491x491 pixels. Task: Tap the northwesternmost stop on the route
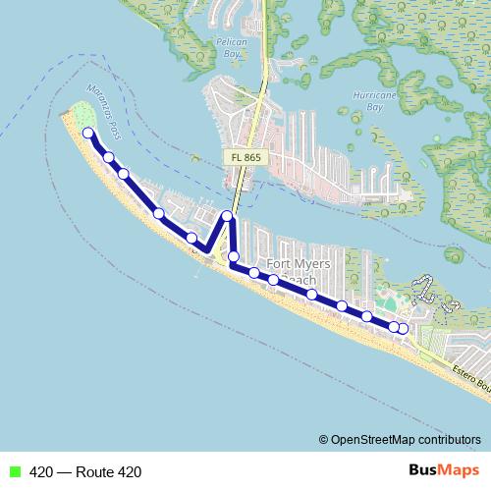(x=88, y=133)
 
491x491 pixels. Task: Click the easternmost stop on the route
(x=403, y=328)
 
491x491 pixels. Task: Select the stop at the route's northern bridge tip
(x=227, y=216)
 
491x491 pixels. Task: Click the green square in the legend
(x=14, y=471)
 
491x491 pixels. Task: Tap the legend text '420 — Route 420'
(x=85, y=472)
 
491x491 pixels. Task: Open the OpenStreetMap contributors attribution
(x=400, y=440)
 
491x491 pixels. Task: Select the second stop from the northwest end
(x=108, y=157)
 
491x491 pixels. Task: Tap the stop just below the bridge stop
(x=234, y=257)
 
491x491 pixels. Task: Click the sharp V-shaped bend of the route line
(x=209, y=249)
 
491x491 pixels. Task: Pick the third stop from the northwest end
(x=124, y=174)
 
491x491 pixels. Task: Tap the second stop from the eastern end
(x=393, y=326)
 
